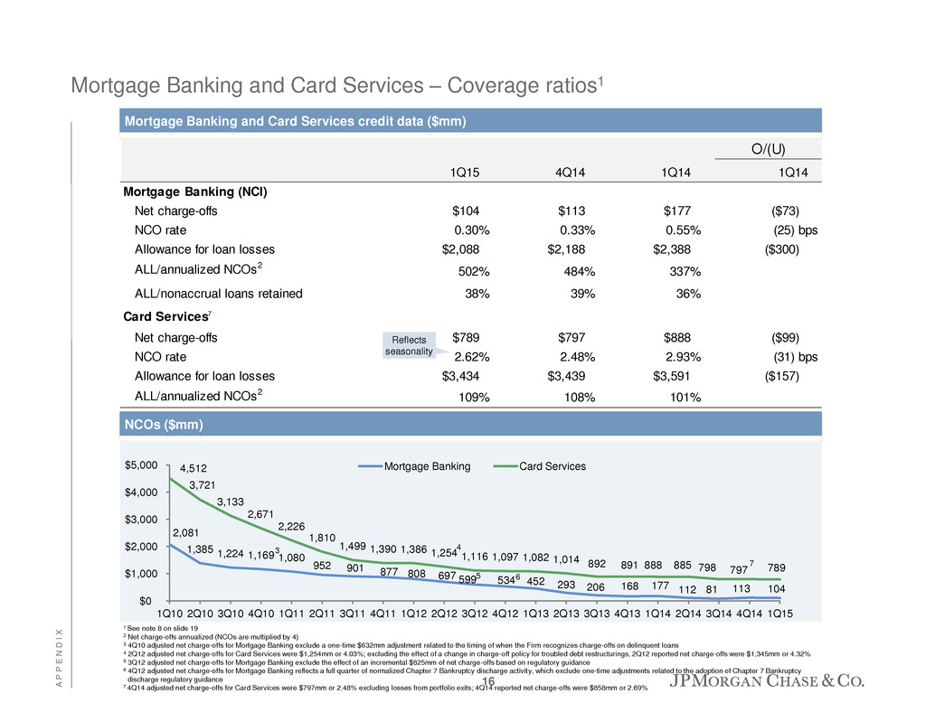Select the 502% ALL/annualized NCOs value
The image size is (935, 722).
(471, 272)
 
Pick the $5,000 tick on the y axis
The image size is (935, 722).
(140, 464)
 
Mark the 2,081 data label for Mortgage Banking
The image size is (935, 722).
(187, 532)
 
